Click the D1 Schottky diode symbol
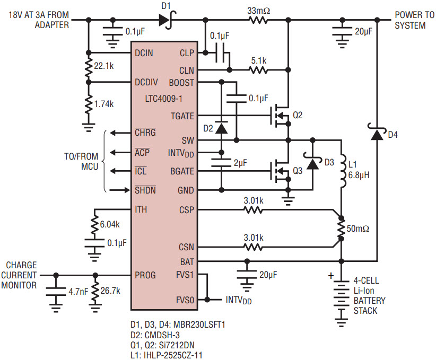pos(168,20)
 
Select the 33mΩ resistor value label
pos(259,11)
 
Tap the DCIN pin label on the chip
pos(144,53)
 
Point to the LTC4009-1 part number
pos(163,99)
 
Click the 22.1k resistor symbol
pos(89,67)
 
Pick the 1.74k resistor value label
pos(104,104)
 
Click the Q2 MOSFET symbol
pos(280,116)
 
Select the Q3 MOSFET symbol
pos(280,171)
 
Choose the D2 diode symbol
pos(222,128)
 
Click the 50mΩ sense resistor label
pos(358,229)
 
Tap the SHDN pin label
pos(145,190)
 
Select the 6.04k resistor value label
pos(110,224)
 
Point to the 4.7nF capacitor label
pos(78,292)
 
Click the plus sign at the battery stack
pos(331,276)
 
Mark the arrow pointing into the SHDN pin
pos(120,190)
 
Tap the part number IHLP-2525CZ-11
pos(173,355)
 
